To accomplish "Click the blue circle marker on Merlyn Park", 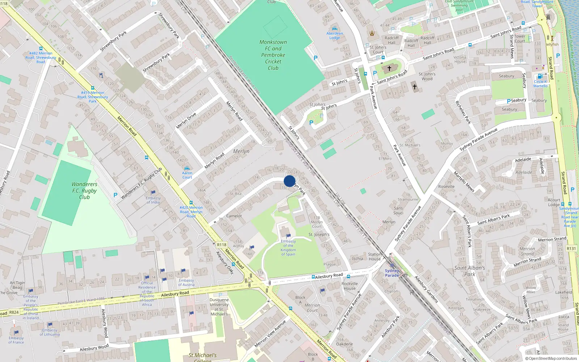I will (x=289, y=181).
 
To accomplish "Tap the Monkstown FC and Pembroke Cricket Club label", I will (x=273, y=55).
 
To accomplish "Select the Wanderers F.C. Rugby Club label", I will (x=84, y=191).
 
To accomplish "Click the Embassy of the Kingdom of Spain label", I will (x=288, y=248).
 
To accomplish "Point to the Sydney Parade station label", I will (x=392, y=273).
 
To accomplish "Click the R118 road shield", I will (x=221, y=245).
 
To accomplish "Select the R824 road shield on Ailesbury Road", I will (x=14, y=312).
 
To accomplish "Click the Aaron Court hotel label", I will (x=187, y=175).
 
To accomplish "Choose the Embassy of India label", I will (x=153, y=200).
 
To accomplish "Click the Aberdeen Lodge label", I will (x=334, y=35).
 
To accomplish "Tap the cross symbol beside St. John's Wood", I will (x=415, y=87).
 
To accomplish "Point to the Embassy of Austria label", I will (x=186, y=282).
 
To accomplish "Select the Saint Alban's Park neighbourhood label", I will (x=469, y=271).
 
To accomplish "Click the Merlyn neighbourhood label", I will (x=241, y=151).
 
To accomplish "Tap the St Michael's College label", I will (x=202, y=357).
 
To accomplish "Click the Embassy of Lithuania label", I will (x=50, y=332).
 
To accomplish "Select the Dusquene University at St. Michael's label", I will (x=219, y=307).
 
